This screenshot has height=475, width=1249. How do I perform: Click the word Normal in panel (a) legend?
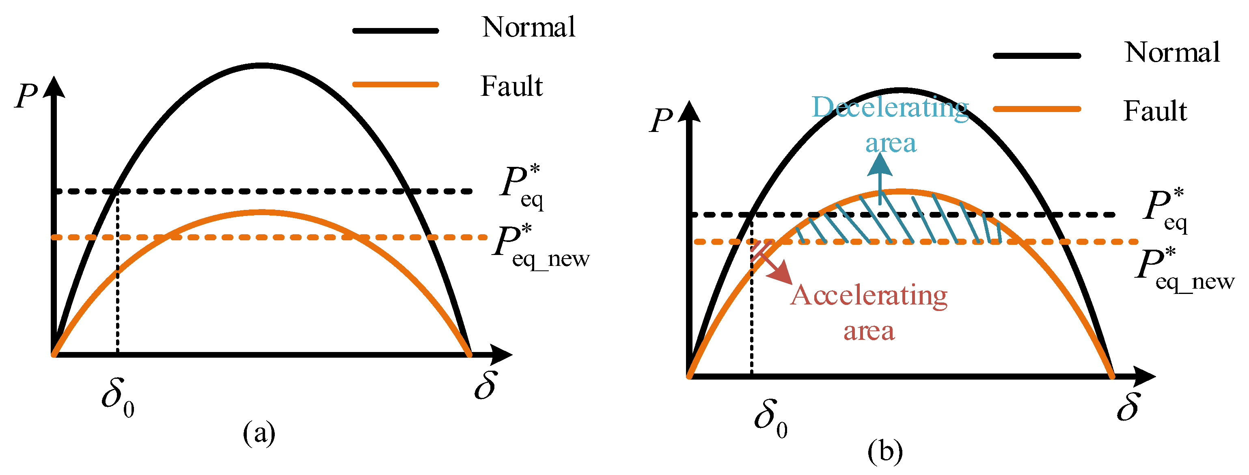pyautogui.click(x=528, y=27)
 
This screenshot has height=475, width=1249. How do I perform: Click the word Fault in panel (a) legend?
pyautogui.click(x=511, y=86)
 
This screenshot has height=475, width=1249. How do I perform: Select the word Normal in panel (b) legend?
pyautogui.click(x=1172, y=52)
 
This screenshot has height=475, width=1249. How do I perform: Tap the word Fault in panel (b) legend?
pyautogui.click(x=1155, y=111)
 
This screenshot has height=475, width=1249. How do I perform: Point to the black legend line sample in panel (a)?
pyautogui.click(x=396, y=30)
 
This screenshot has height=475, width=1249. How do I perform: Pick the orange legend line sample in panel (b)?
pyautogui.click(x=1037, y=109)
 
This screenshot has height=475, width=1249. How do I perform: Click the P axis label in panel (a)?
pyautogui.click(x=26, y=95)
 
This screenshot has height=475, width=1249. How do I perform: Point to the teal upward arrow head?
pyautogui.click(x=880, y=164)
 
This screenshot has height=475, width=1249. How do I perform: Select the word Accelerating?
pyautogui.click(x=869, y=296)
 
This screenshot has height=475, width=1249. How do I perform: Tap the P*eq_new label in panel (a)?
pyautogui.click(x=539, y=246)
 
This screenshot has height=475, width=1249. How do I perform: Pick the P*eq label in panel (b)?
pyautogui.click(x=1165, y=210)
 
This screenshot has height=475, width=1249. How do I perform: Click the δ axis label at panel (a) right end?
pyautogui.click(x=485, y=386)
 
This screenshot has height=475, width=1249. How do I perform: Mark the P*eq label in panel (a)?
pyautogui.click(x=522, y=187)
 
